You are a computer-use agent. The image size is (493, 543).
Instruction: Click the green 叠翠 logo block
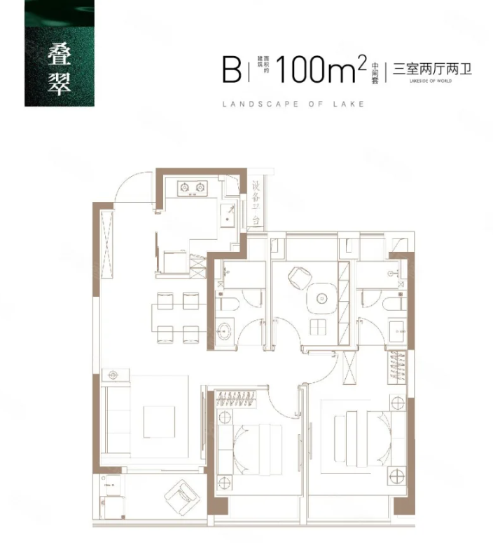coord(59,53)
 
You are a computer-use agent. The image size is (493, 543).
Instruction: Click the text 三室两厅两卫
coord(433,69)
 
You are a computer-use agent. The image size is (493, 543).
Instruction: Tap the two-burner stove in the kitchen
coord(193,187)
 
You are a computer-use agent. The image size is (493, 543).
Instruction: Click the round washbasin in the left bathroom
coord(226,330)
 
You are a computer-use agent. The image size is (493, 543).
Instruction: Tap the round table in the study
coord(322,297)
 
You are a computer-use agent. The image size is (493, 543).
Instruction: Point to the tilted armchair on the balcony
coord(182,497)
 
